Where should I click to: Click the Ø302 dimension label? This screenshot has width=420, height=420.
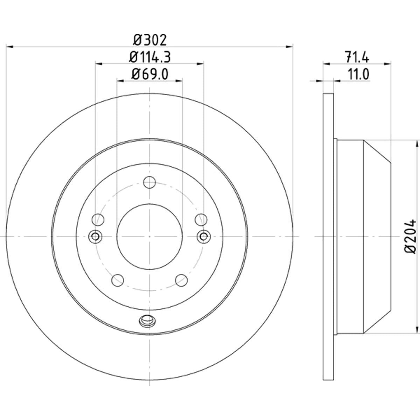coord(150,40)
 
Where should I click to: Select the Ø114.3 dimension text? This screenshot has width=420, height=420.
coord(150,57)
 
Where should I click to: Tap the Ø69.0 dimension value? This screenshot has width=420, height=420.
coord(150,74)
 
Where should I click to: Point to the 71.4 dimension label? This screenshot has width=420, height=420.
coord(357,57)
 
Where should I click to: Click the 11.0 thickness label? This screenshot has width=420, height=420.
coord(358,74)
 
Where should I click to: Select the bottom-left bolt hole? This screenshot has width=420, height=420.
coord(118,280)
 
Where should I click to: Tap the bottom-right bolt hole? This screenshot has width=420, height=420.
coord(181,280)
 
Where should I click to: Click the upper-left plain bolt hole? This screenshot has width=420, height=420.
coord(98,219)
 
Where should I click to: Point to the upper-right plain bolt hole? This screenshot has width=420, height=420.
coord(201,219)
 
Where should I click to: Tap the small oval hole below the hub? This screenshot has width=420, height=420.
coord(148,321)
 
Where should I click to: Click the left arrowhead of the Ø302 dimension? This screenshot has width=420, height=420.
coord(9,47)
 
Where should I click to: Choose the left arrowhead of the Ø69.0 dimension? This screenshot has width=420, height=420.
coord(120,81)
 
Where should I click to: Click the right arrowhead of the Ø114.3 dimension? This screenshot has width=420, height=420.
coord(200,64)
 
